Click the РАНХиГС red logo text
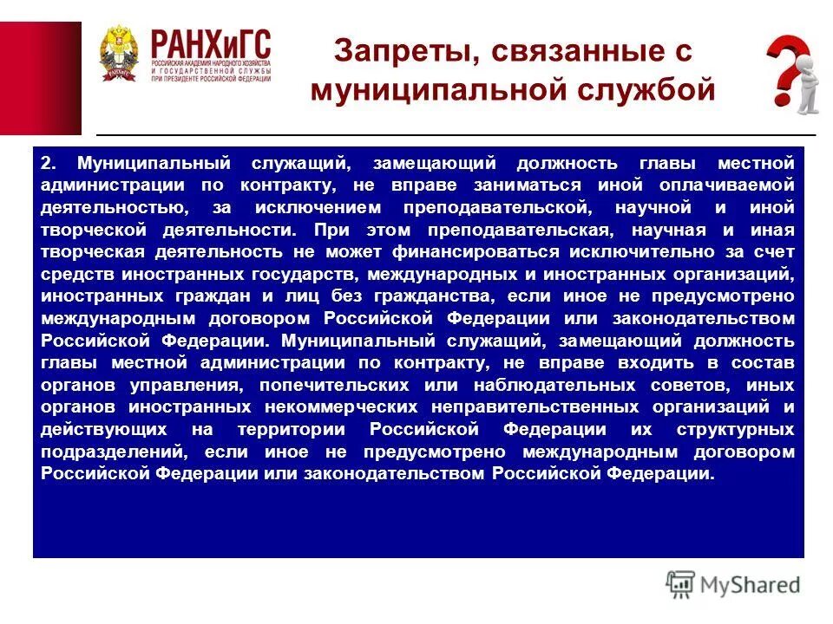point(210,42)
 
